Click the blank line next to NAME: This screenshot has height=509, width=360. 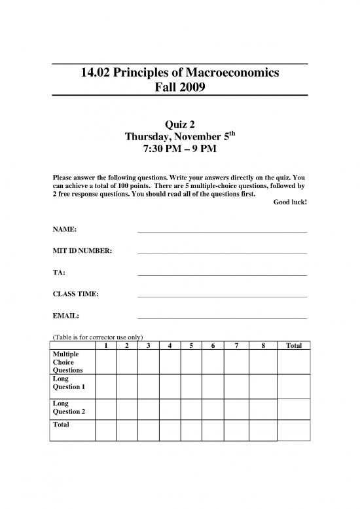click(222, 231)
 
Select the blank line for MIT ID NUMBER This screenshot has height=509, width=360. click(222, 253)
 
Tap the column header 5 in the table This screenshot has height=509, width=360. click(192, 345)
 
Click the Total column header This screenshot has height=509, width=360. click(293, 345)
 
